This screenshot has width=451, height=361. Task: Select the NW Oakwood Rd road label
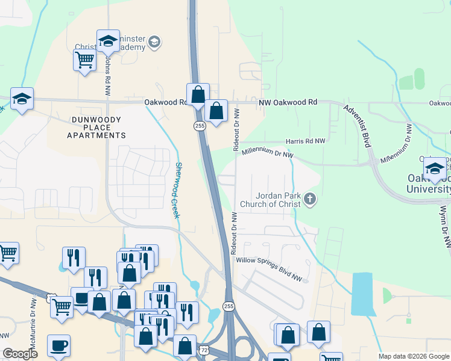pos(288,103)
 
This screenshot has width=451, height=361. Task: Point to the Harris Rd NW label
pos(305,141)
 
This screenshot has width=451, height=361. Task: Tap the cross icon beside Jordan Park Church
pos(310,199)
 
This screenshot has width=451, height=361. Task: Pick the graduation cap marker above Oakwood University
pos(434,169)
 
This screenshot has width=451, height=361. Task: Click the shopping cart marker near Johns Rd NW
pos(84,60)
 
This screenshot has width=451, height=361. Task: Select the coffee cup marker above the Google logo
pos(59,346)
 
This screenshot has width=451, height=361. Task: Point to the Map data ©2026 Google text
pos(413,356)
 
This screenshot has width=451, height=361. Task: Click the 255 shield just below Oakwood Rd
pos(200,125)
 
